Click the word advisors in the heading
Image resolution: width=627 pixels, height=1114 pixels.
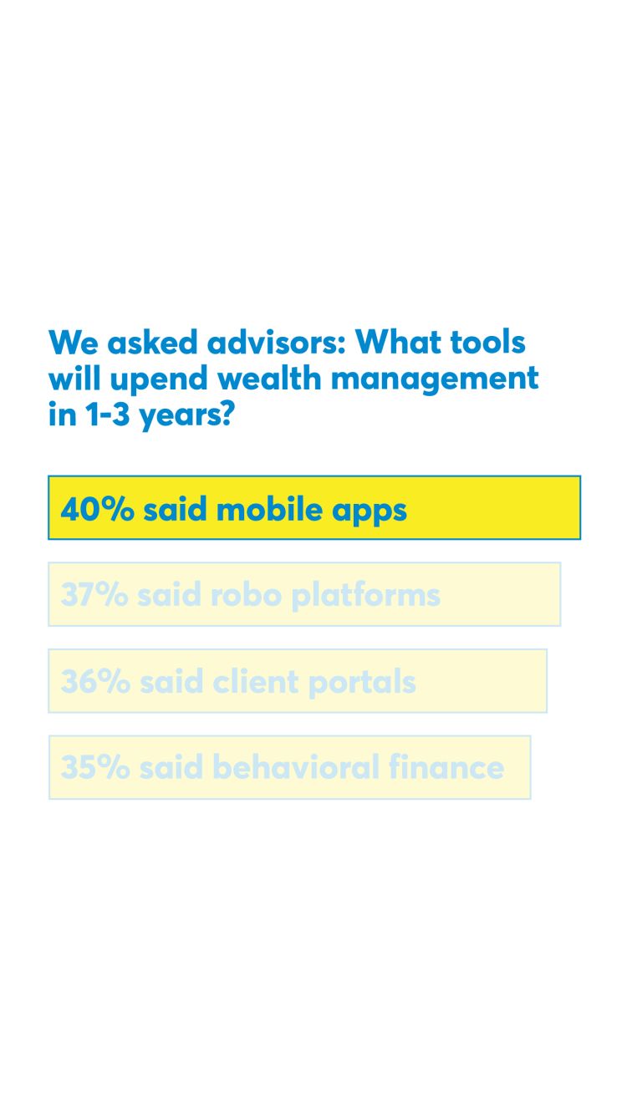[276, 342]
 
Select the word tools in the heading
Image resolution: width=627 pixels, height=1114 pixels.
[487, 342]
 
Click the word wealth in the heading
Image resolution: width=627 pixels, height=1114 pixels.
[269, 378]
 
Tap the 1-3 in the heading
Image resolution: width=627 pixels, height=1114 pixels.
[108, 415]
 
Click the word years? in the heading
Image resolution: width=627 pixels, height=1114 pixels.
[186, 416]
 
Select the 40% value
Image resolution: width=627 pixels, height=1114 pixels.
[97, 509]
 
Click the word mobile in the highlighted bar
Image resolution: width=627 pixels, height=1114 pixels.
[270, 509]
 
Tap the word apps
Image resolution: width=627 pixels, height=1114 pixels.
[370, 511]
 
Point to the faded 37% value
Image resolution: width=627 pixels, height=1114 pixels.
[94, 594]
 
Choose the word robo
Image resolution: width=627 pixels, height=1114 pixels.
[246, 594]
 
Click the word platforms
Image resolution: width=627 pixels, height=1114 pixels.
[366, 596]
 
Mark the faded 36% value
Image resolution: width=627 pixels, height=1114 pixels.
[95, 681]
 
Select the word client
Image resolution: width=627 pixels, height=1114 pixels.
[255, 681]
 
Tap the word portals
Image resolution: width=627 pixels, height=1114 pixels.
[362, 683]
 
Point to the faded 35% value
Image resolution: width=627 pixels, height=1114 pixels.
[95, 767]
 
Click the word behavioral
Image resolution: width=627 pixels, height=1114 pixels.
[297, 767]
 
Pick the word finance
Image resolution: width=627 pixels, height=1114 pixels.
[446, 767]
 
